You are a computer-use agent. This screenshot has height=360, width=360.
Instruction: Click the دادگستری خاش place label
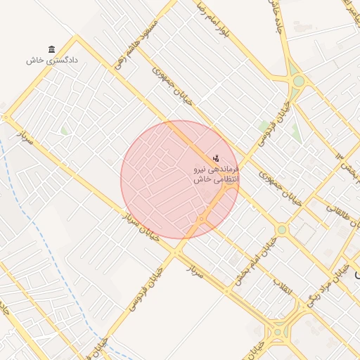pyautogui.click(x=52, y=60)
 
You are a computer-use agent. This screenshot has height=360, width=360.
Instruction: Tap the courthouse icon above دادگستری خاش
pyautogui.click(x=52, y=49)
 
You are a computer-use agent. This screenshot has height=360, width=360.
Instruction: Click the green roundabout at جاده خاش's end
pyautogui.click(x=299, y=81)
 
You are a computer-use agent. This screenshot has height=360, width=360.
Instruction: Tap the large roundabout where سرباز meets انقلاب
pyautogui.click(x=278, y=330)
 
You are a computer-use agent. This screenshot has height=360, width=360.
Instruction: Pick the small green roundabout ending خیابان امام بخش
pyautogui.click(x=282, y=229)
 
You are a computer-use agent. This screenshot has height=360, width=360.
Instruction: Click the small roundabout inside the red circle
pyautogui.click(x=202, y=220)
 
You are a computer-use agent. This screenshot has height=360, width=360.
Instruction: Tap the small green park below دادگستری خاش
pyautogui.click(x=65, y=130)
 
